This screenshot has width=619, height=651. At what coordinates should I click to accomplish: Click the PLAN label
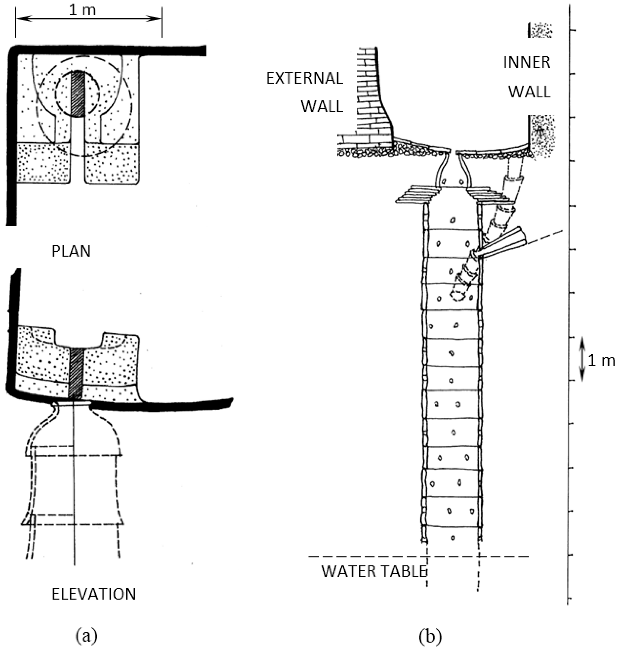(71, 251)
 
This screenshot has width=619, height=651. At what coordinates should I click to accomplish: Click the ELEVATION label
(94, 594)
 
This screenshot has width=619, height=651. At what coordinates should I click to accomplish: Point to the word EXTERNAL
(304, 78)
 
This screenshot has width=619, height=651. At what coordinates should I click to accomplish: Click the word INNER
(527, 63)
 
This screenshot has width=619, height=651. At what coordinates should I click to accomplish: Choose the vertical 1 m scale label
(601, 361)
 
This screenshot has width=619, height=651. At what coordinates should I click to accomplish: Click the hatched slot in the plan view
(78, 93)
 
